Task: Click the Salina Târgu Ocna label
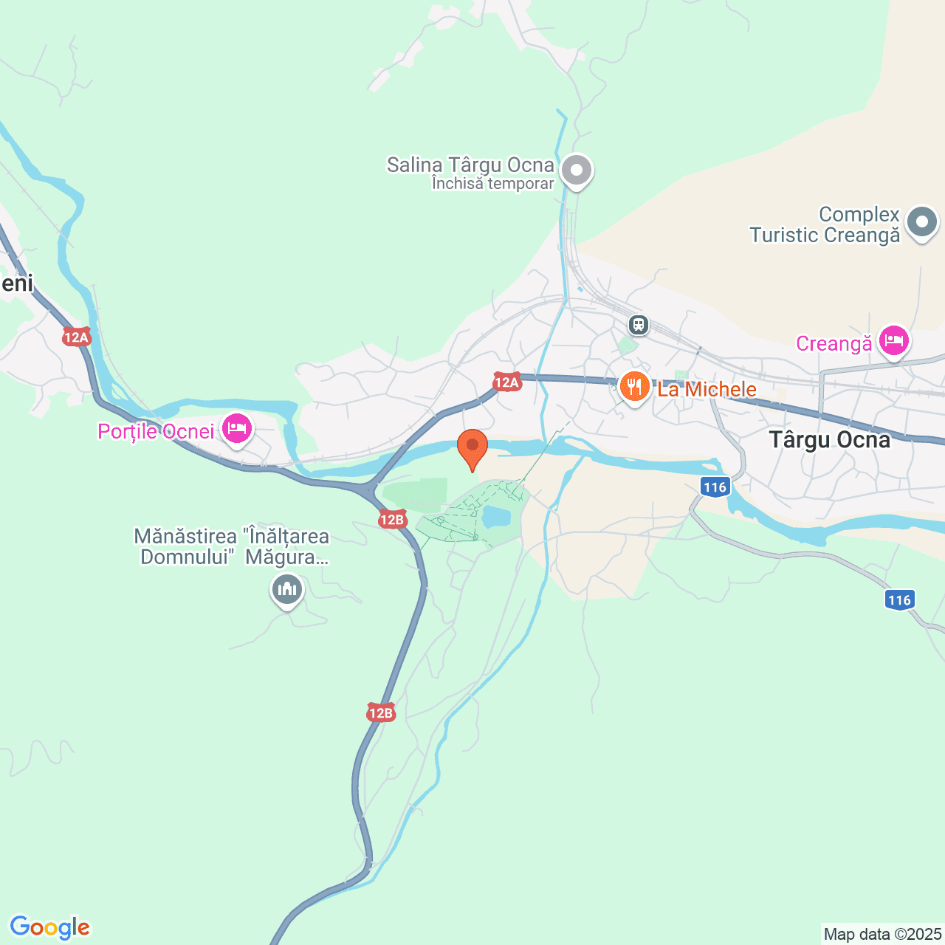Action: coord(470,165)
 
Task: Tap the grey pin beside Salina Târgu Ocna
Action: coord(577,171)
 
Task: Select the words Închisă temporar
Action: coord(492,184)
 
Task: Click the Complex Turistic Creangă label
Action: coord(825,225)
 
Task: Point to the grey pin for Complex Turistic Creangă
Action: coord(921,222)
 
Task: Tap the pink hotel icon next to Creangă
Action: coord(893,342)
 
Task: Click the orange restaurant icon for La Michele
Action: coord(634,387)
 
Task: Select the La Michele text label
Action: coord(707,389)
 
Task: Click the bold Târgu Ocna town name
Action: coord(829,440)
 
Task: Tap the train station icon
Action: coord(639,324)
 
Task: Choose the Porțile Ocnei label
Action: coord(156,431)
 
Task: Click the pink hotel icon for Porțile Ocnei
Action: coord(236,429)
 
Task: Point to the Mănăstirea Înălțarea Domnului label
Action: coord(232,546)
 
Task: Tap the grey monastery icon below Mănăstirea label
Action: coord(286,590)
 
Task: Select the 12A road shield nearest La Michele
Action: coord(506,382)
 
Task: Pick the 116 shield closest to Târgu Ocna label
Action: coord(715,487)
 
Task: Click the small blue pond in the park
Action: coord(496,516)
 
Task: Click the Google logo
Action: coord(49,927)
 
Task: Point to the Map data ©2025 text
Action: coord(882,935)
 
